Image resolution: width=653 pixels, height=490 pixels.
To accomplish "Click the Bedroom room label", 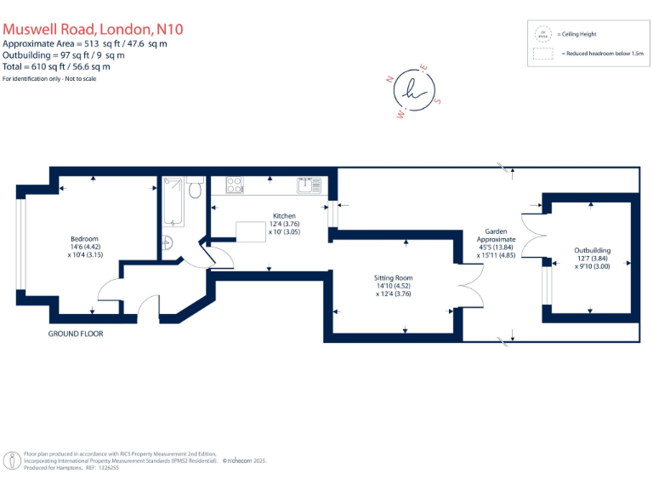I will (84, 238).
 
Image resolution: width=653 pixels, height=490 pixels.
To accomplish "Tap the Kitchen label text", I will (284, 216).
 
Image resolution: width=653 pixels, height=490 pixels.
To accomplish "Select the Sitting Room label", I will (393, 278).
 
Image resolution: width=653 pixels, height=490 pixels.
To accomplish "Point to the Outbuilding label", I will (592, 251).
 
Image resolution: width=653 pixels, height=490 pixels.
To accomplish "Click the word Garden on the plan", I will (496, 231).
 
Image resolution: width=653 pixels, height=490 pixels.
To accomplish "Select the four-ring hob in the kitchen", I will (234, 185).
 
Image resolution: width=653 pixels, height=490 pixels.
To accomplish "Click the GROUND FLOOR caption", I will (76, 333).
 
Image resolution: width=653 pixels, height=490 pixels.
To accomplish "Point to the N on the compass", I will (389, 78).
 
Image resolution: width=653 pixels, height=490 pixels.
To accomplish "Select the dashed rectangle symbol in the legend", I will (542, 53).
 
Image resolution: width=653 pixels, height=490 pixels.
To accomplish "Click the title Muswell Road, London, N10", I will (93, 28).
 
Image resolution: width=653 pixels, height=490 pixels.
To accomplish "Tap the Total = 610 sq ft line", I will (56, 66).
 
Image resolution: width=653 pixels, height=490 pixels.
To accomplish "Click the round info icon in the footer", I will (13, 459).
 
